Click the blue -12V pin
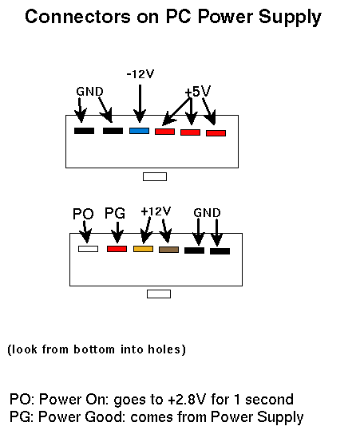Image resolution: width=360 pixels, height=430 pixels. (139, 131)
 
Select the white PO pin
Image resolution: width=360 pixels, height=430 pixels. (88, 249)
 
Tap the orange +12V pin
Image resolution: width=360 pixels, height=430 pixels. (143, 249)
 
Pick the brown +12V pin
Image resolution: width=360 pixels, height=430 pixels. (168, 250)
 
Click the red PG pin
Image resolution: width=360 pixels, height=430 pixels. (117, 249)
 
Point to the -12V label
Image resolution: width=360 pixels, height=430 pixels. (140, 74)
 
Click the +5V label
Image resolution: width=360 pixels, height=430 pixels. (198, 91)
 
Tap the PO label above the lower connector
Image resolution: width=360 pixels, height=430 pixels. (83, 214)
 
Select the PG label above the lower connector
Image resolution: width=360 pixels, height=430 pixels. (115, 213)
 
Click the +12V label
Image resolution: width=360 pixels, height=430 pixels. (156, 211)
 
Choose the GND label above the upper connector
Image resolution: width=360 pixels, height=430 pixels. (89, 92)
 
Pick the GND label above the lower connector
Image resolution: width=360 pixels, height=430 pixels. (208, 213)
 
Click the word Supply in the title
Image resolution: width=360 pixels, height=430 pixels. (290, 18)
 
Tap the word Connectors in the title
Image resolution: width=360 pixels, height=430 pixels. (77, 17)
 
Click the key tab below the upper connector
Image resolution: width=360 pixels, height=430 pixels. (155, 176)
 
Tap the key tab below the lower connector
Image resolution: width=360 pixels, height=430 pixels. (159, 294)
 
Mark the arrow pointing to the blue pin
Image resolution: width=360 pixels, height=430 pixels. (140, 104)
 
